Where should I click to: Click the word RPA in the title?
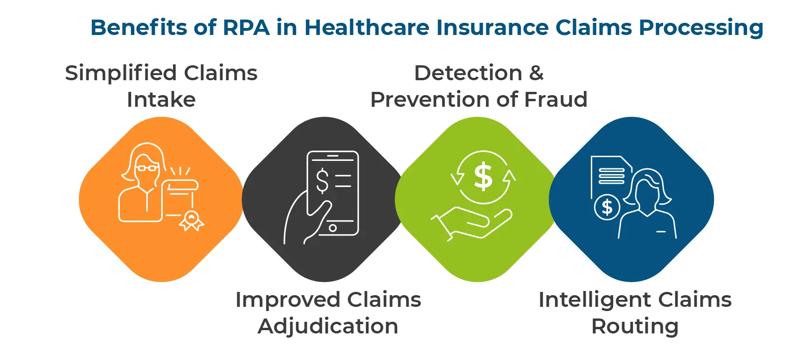(x=246, y=28)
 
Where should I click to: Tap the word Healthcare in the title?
(x=367, y=28)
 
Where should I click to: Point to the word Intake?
(x=161, y=100)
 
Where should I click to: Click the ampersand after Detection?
(x=536, y=73)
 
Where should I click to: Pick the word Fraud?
(x=556, y=100)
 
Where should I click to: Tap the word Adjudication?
(x=328, y=326)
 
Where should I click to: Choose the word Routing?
(x=635, y=326)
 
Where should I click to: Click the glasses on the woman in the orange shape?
(x=147, y=168)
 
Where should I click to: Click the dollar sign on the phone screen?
(x=322, y=181)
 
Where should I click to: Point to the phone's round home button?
(x=332, y=228)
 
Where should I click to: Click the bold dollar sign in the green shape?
(x=483, y=177)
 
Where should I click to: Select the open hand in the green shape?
(x=473, y=223)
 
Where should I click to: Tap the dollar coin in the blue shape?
(x=607, y=207)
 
